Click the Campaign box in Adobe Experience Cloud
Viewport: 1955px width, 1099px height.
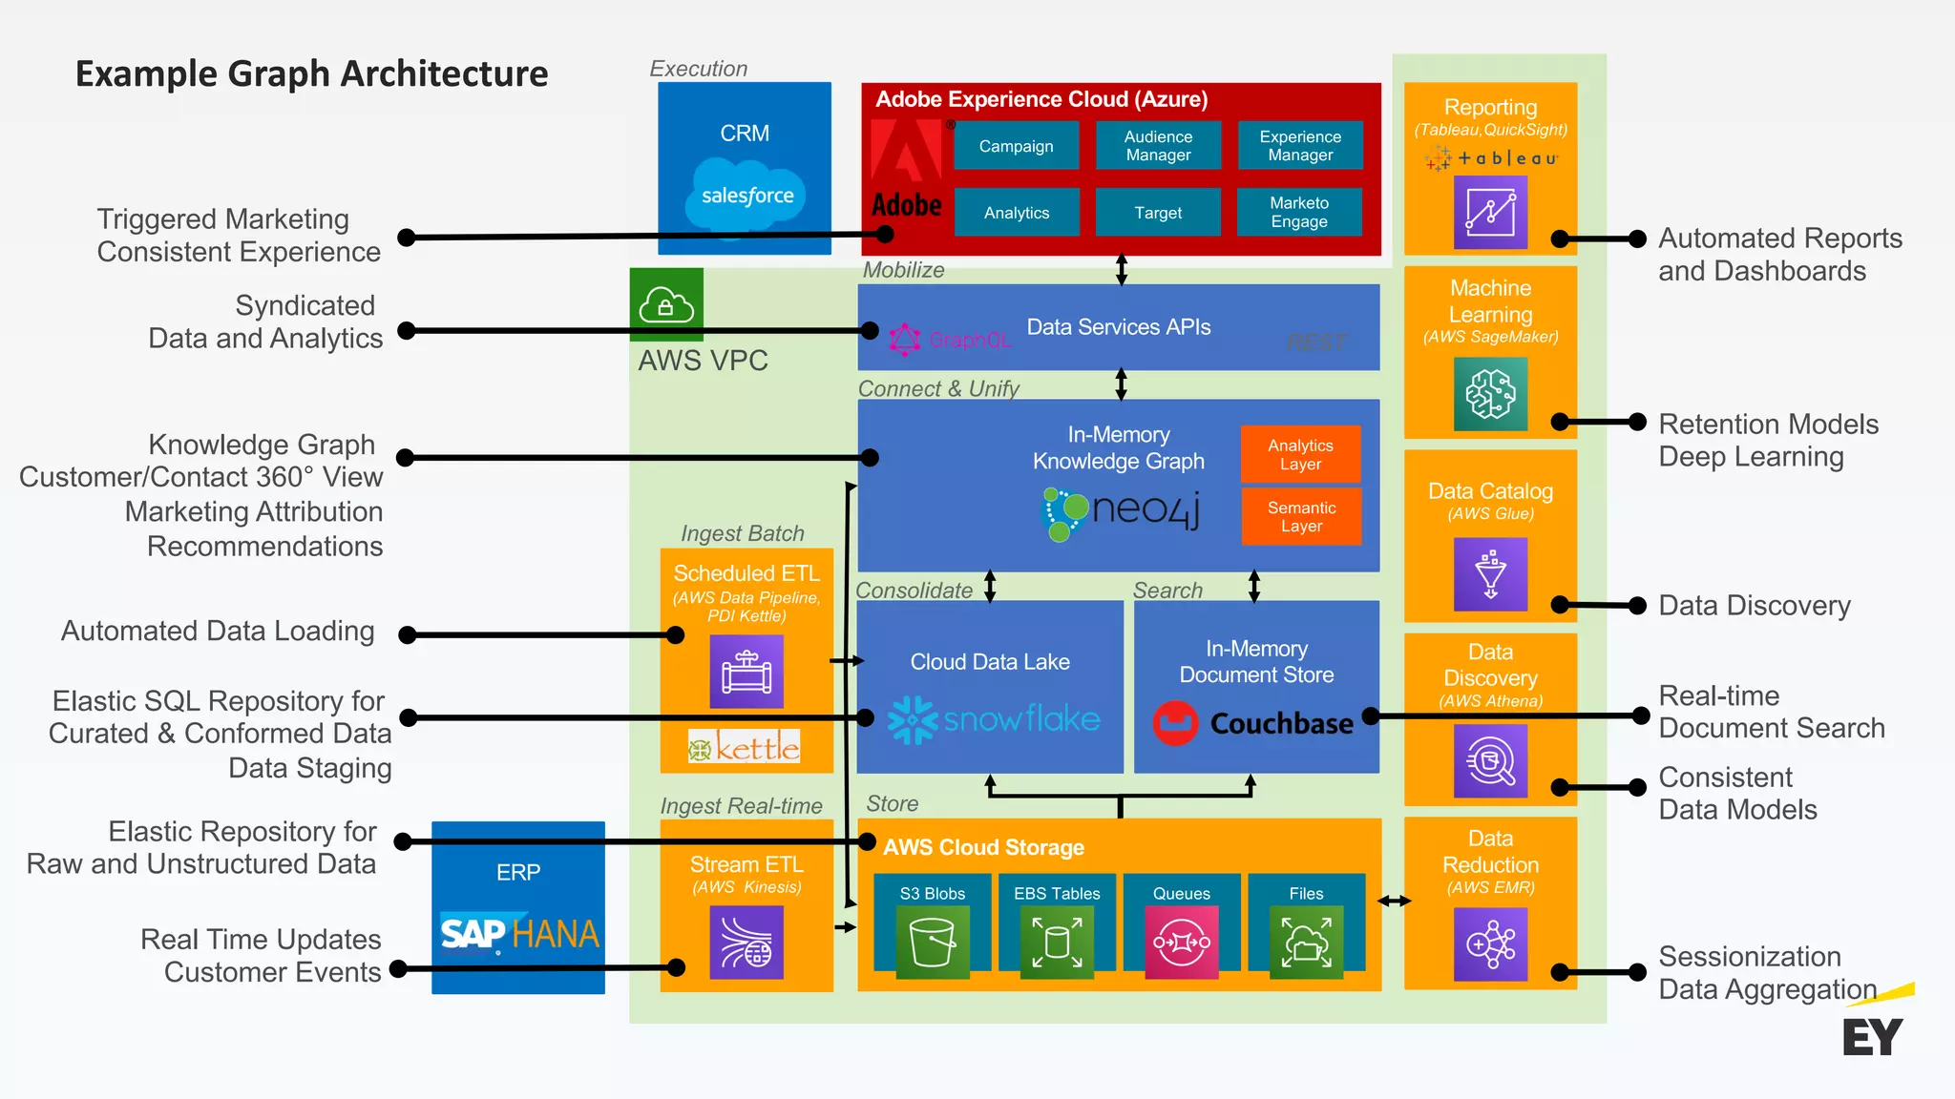click(1016, 146)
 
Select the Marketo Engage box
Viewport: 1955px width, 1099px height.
click(1299, 212)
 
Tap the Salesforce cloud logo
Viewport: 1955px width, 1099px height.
click(747, 196)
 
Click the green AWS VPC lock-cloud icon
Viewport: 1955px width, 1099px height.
click(666, 304)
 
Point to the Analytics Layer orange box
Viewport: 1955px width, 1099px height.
click(1300, 454)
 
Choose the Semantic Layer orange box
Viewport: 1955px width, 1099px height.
click(1301, 516)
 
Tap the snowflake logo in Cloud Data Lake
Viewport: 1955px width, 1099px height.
click(994, 719)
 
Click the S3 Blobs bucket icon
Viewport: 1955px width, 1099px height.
click(933, 943)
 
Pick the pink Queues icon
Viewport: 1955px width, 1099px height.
click(1182, 943)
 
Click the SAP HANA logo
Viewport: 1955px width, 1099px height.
click(519, 933)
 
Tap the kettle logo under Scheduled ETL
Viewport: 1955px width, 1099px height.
click(745, 747)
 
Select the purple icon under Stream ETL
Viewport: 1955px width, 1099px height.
click(746, 943)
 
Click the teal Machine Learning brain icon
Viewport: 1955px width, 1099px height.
click(1490, 394)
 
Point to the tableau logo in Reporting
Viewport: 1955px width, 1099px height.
click(1491, 158)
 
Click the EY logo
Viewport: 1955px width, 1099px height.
click(1873, 1036)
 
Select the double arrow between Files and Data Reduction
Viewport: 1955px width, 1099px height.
click(1394, 901)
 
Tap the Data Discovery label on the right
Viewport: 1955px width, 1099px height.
click(1755, 605)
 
